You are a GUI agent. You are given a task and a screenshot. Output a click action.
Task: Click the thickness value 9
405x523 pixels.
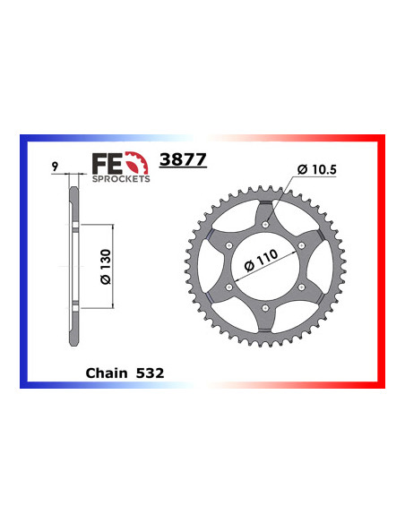click(56, 167)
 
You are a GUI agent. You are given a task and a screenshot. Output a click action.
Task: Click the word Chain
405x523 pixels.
click(106, 368)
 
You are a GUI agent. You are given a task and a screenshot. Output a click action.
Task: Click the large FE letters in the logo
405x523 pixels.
click(106, 163)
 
